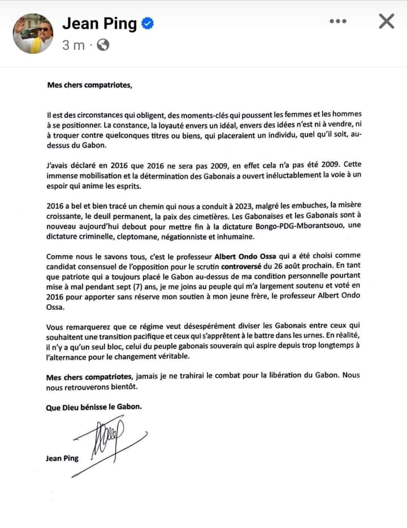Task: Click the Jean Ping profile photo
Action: click(x=33, y=34)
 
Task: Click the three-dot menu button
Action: click(x=337, y=22)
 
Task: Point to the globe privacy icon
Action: click(x=103, y=45)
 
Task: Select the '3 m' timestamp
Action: click(x=73, y=45)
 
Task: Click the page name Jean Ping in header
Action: click(x=99, y=23)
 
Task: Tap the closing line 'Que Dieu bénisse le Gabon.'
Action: click(x=94, y=406)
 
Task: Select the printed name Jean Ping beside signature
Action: click(x=62, y=458)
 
